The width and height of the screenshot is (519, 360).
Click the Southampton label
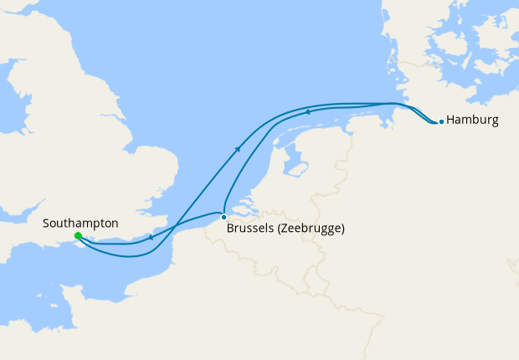tap(80, 224)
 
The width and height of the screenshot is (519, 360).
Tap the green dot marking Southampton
tap(78, 236)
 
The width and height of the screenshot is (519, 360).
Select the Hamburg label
tap(473, 120)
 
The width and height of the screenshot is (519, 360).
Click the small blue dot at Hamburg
tap(441, 121)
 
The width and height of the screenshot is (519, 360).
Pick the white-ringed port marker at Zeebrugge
tap(224, 218)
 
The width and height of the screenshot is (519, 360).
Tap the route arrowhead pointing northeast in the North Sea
tap(239, 149)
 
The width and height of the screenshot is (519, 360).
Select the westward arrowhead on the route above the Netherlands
tap(307, 111)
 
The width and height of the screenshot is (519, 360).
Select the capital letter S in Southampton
tap(47, 224)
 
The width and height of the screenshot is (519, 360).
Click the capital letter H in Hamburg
tap(451, 120)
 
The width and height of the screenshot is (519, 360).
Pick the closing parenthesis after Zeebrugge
tap(343, 228)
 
